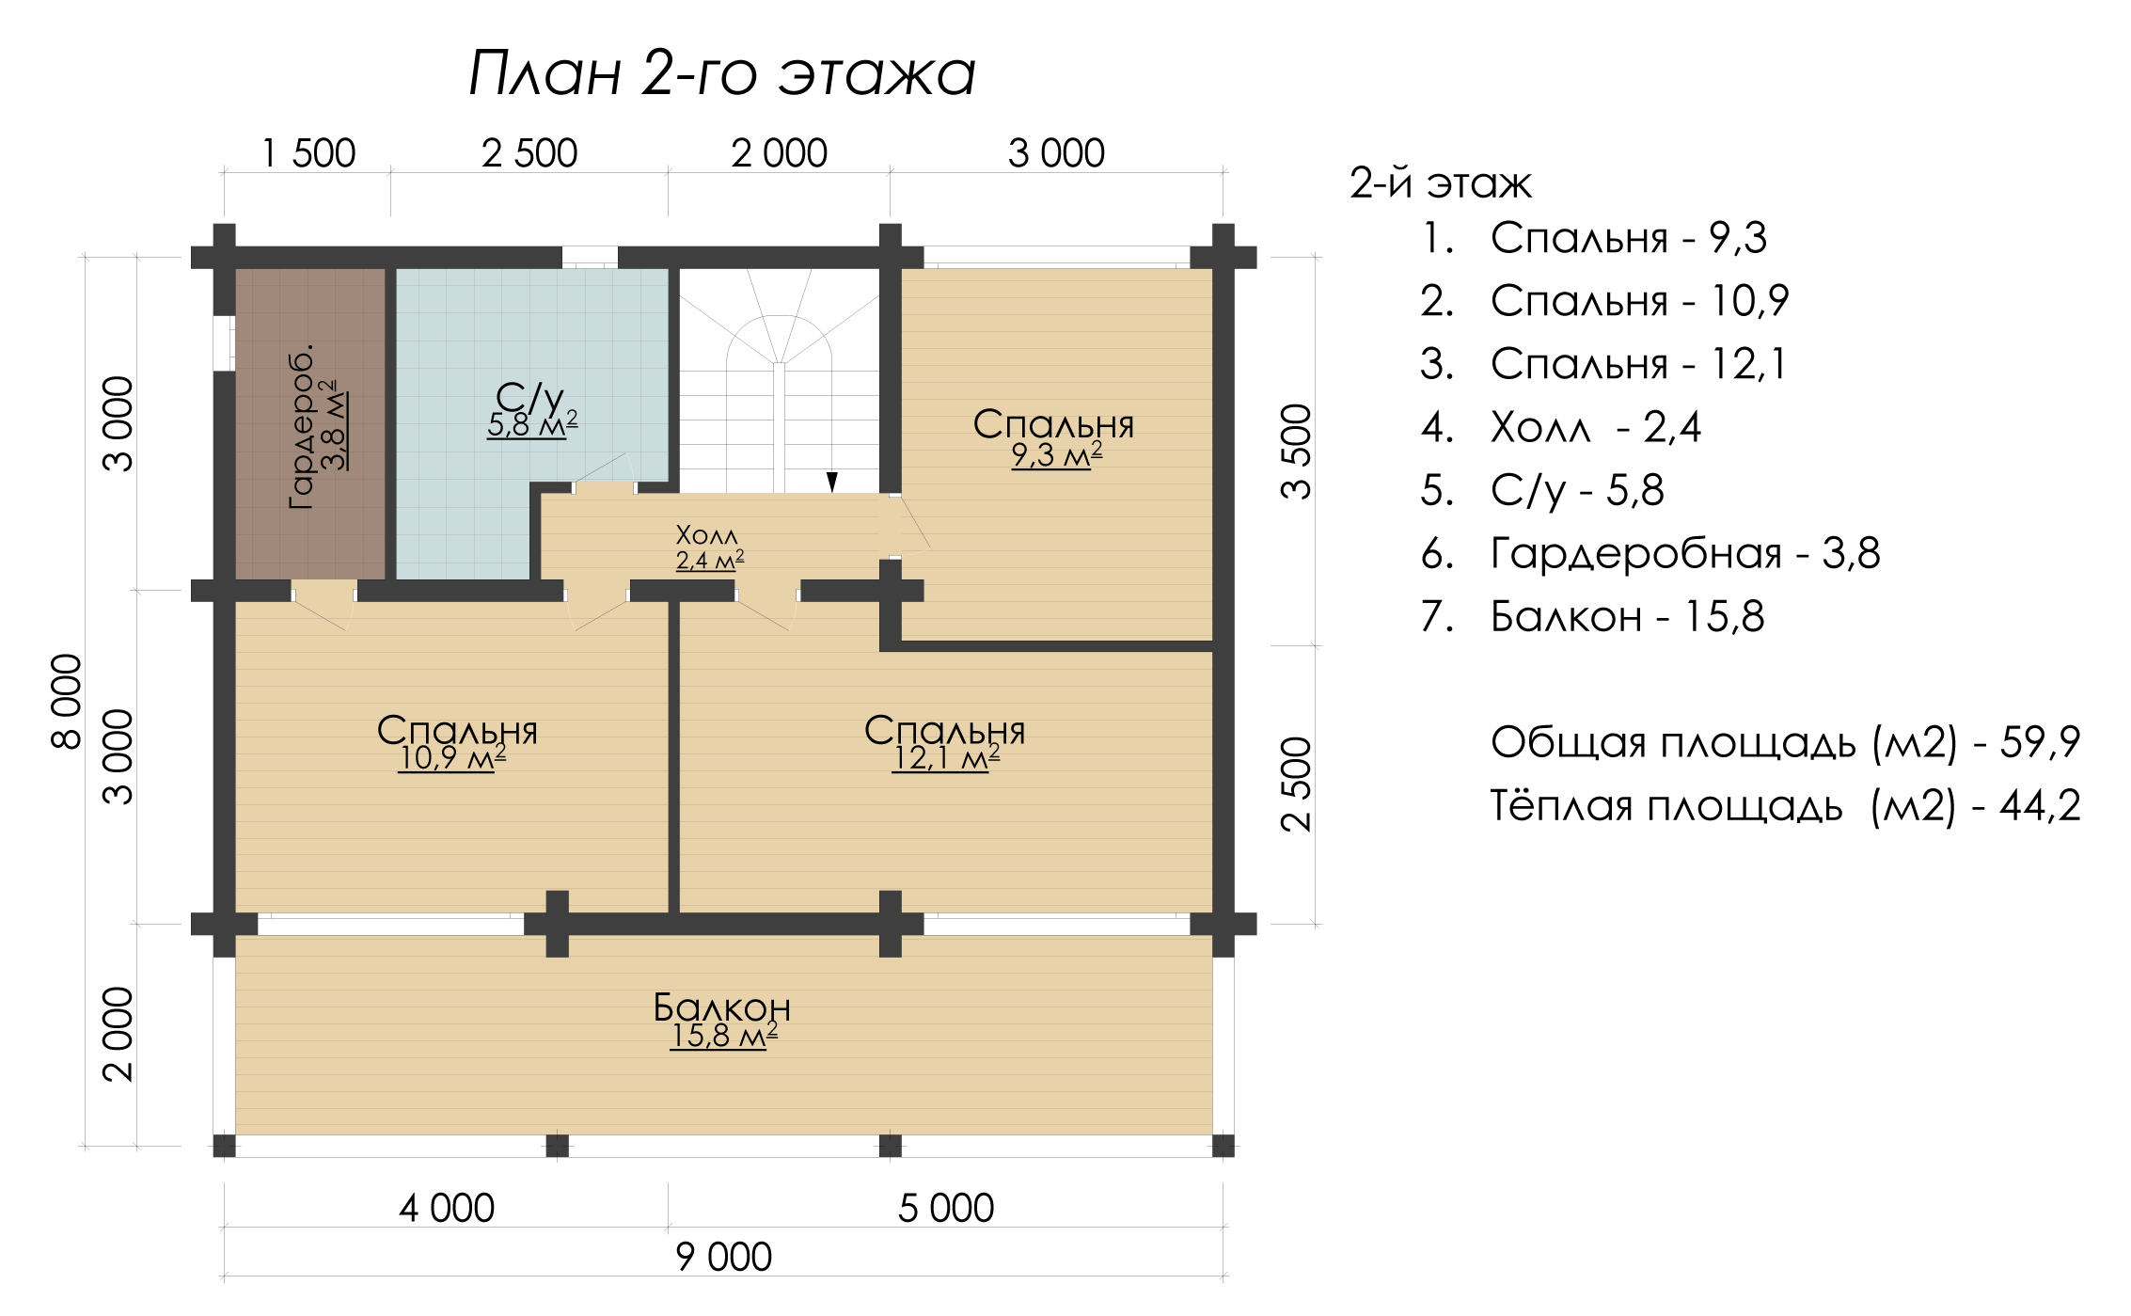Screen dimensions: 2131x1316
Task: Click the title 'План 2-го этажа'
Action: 722,73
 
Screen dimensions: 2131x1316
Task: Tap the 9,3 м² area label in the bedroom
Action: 1056,455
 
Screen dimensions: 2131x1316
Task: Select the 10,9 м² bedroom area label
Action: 452,758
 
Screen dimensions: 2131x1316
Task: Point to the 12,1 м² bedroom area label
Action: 945,758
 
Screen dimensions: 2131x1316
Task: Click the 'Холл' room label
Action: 707,536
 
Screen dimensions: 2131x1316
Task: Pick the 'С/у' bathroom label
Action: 529,399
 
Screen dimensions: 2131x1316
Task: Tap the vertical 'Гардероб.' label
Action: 301,428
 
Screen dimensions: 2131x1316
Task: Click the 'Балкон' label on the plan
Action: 722,1007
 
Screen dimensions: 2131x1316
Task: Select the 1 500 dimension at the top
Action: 308,153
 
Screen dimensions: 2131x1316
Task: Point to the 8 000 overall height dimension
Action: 67,702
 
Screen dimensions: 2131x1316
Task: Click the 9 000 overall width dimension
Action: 724,1257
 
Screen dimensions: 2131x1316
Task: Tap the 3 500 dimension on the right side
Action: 1296,452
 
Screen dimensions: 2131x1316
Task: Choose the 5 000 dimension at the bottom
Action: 946,1208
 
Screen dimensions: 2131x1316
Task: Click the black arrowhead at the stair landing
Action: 831,482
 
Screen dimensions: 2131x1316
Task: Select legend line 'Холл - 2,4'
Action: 1561,428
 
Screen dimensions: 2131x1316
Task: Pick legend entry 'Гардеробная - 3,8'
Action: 1650,553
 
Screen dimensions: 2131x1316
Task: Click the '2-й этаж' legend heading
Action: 1441,183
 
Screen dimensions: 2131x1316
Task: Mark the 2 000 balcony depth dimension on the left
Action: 118,1034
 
